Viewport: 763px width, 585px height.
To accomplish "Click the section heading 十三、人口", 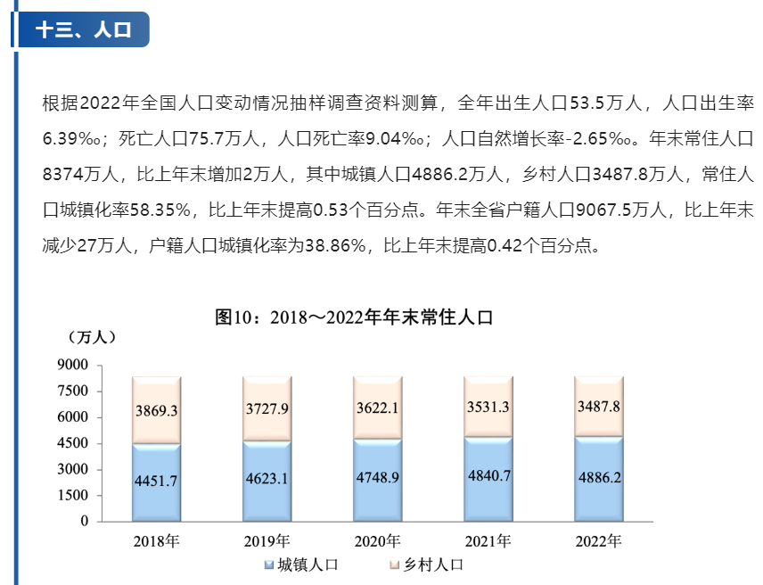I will coord(83,29).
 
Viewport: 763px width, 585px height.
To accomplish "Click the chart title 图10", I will coord(354,317).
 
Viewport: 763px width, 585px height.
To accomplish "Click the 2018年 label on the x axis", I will coord(156,541).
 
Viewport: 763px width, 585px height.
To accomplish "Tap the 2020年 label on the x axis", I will coord(377,541).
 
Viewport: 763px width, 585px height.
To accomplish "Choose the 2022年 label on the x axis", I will coord(598,541).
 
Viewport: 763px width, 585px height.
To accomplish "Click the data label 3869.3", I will coord(157,411).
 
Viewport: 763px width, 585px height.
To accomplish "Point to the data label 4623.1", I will coord(267,478).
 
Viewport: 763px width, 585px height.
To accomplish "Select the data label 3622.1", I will coord(378,408).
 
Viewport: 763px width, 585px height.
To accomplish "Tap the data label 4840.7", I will coord(488,475).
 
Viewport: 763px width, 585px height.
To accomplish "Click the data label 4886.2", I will coord(599,476).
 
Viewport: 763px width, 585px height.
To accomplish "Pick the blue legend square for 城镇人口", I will coord(268,564).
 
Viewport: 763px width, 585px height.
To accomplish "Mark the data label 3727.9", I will coord(267,409).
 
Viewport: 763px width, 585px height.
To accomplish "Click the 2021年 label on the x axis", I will coord(488,541).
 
